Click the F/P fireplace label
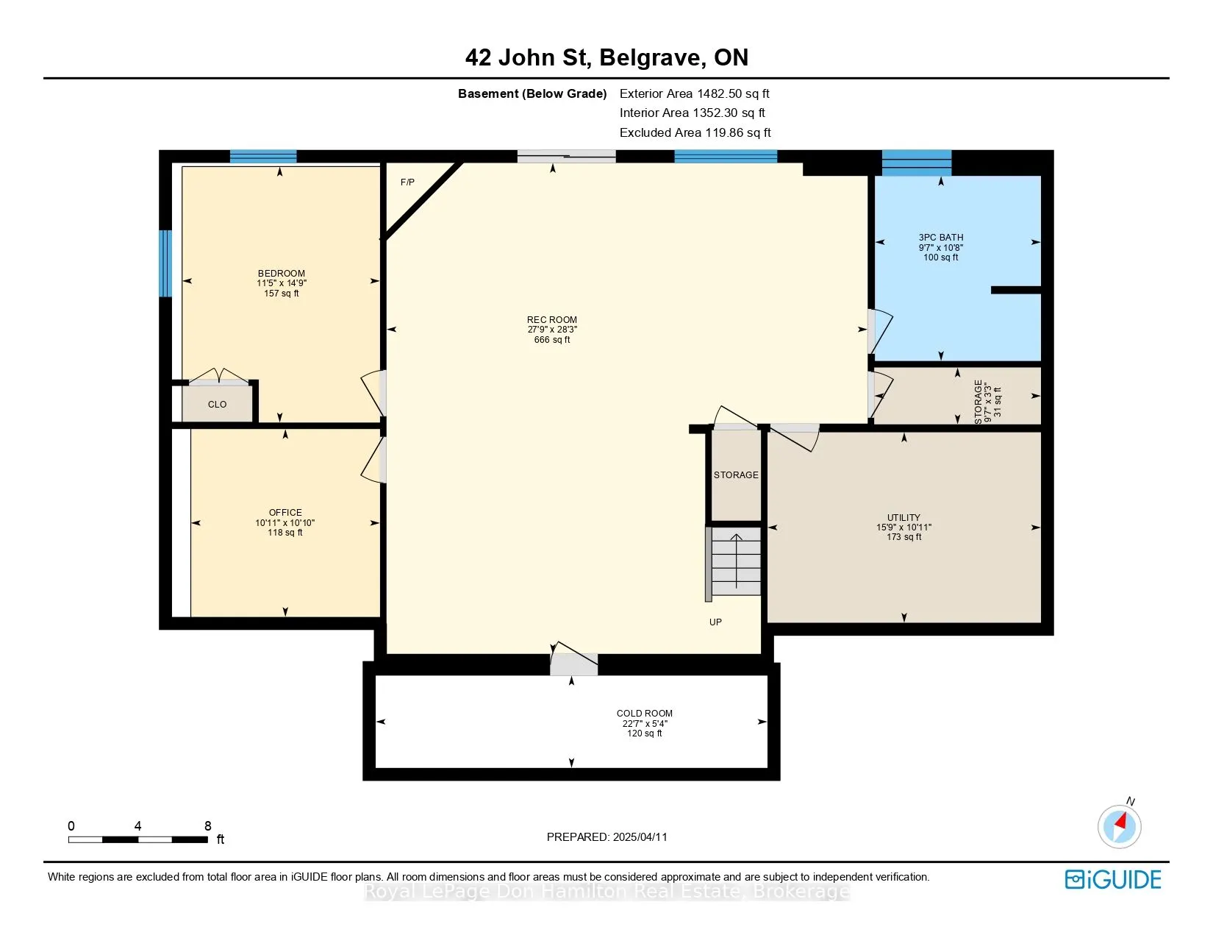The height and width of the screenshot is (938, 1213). pyautogui.click(x=407, y=182)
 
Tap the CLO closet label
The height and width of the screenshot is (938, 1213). pyautogui.click(x=217, y=405)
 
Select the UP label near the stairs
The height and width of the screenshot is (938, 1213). pyautogui.click(x=715, y=622)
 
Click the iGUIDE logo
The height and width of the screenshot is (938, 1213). pyautogui.click(x=1112, y=879)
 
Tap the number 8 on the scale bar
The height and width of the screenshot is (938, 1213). pyautogui.click(x=207, y=825)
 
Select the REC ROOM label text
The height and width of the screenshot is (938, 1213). pyautogui.click(x=551, y=320)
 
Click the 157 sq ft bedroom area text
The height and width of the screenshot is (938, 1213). pyautogui.click(x=282, y=294)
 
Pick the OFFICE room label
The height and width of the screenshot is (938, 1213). pyautogui.click(x=285, y=512)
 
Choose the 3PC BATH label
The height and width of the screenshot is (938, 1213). pyautogui.click(x=940, y=238)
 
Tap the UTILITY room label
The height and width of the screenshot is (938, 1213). pyautogui.click(x=904, y=517)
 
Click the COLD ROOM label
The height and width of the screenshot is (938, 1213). pyautogui.click(x=644, y=714)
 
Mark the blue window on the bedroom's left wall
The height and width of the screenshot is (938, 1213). pyautogui.click(x=165, y=263)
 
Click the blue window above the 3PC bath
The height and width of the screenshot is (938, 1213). pyautogui.click(x=916, y=163)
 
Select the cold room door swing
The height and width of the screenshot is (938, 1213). pyautogui.click(x=574, y=658)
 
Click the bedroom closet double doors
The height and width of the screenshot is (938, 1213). pyautogui.click(x=218, y=377)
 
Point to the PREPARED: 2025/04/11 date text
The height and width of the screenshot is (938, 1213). pyautogui.click(x=606, y=837)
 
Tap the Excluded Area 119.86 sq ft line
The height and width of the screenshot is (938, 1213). pyautogui.click(x=695, y=133)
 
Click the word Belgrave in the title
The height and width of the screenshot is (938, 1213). pyautogui.click(x=650, y=58)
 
